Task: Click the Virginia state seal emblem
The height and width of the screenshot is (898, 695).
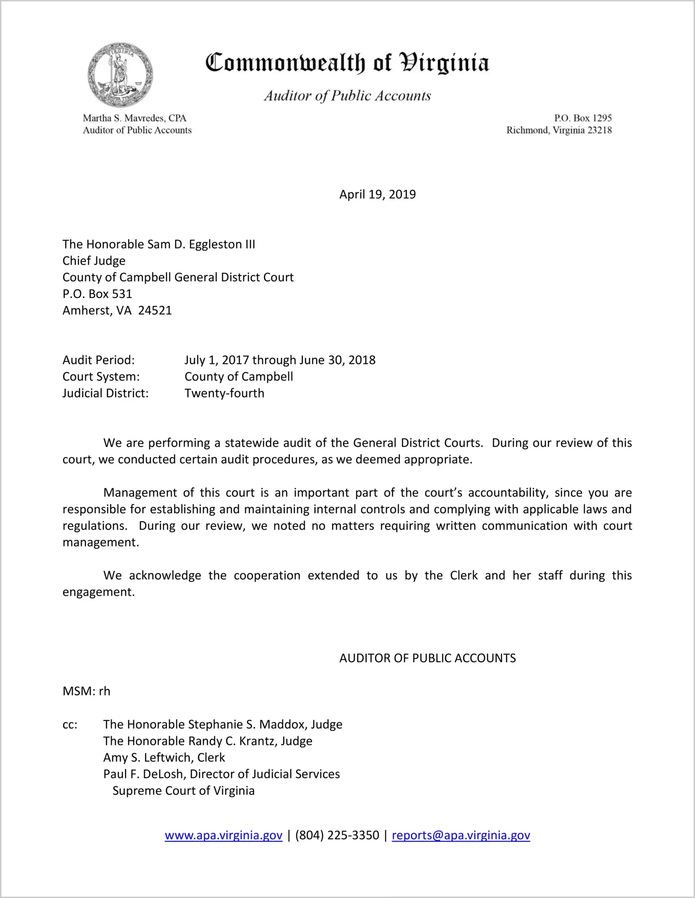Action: tap(120, 75)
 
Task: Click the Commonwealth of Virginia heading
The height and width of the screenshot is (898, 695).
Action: tap(347, 63)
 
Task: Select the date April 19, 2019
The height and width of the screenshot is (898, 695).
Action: tap(377, 194)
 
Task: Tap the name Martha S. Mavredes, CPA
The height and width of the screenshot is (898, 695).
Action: tap(134, 118)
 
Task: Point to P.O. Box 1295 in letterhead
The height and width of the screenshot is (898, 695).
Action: tap(582, 118)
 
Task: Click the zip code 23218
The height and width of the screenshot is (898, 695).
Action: tap(600, 130)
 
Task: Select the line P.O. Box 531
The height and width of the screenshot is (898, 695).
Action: tap(97, 294)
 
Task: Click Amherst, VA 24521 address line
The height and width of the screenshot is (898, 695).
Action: tap(117, 311)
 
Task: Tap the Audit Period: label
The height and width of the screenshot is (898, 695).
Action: tap(99, 360)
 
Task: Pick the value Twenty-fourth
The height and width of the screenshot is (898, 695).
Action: tap(224, 393)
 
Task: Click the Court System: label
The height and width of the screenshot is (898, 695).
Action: tap(101, 377)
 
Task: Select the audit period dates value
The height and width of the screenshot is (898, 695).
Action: tap(280, 360)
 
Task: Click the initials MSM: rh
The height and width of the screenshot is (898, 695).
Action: tap(87, 692)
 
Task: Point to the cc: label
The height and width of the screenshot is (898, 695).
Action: tap(70, 725)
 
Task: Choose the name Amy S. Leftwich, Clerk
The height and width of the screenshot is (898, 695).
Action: tap(164, 758)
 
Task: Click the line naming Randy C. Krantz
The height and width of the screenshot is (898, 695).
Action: tap(207, 741)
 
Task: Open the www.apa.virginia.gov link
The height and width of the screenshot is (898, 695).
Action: tap(223, 836)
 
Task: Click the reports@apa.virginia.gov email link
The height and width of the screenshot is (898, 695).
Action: tap(461, 836)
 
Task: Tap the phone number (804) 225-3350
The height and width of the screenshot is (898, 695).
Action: tap(337, 836)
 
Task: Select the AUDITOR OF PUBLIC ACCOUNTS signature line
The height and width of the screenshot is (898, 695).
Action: tap(427, 659)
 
